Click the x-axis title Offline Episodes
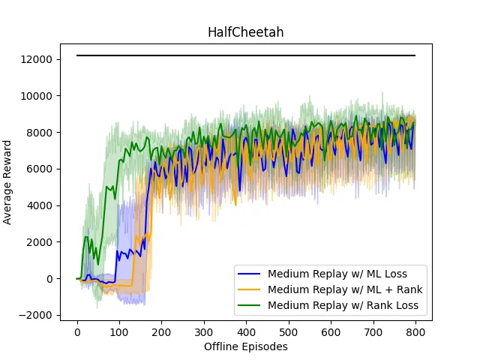point(246,347)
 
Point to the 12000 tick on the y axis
point(37,59)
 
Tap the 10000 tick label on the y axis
point(37,96)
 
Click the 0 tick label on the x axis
point(77,332)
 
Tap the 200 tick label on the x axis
point(162,332)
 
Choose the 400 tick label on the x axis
point(246,332)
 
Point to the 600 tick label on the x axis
point(331,332)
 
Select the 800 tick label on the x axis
point(415,332)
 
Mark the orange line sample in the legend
point(250,289)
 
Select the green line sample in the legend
point(250,305)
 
